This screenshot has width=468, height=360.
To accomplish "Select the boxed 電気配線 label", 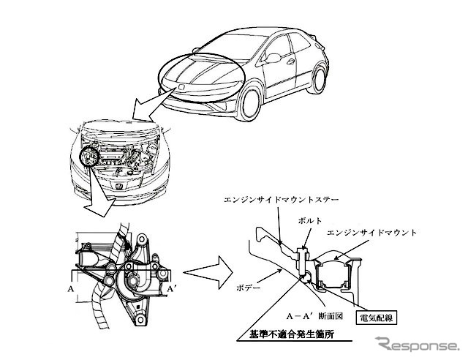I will click(x=375, y=318).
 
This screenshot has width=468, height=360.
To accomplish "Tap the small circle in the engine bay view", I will click(x=91, y=157).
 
